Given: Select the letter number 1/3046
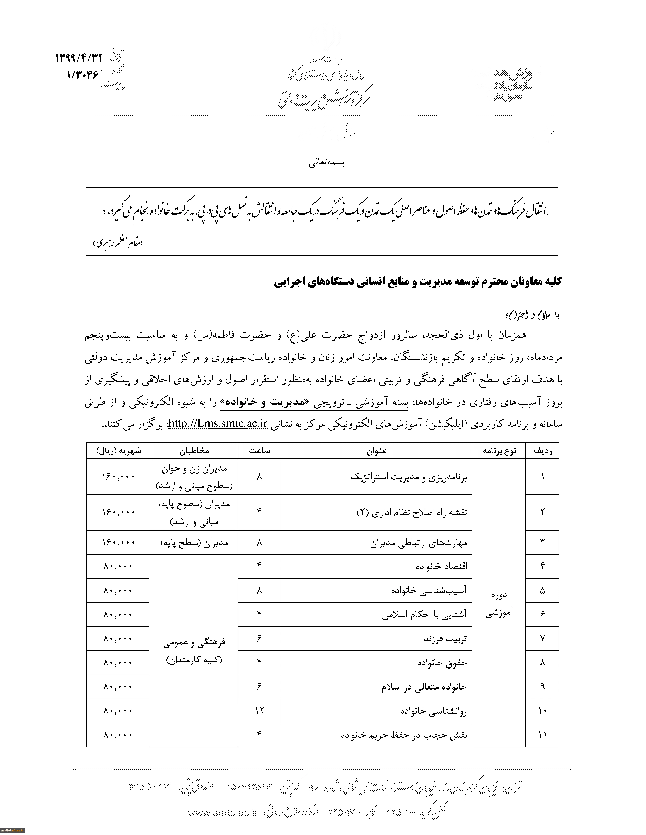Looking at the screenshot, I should tap(83, 75).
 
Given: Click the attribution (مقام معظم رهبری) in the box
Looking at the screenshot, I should tap(118, 243).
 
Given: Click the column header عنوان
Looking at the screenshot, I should tap(376, 451).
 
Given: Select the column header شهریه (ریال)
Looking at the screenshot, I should tap(118, 451).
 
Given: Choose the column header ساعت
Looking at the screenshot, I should tap(259, 451).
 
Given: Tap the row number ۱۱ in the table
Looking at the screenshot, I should tap(542, 735).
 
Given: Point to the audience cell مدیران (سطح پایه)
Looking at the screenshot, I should tap(194, 542).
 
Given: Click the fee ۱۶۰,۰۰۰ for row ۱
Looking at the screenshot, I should tap(118, 476).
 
